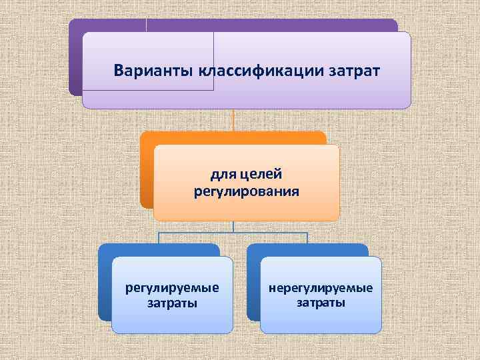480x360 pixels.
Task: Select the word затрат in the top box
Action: click(355, 70)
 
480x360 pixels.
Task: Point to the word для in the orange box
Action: click(223, 175)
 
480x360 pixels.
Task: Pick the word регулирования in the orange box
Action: click(246, 192)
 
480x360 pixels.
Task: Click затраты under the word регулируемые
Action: click(172, 303)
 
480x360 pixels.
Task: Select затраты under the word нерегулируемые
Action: click(321, 303)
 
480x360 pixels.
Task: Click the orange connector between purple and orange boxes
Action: click(233, 120)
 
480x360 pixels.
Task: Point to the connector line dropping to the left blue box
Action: click(159, 238)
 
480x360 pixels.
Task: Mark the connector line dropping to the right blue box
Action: click(307, 238)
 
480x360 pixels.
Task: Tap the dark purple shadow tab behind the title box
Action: click(75, 60)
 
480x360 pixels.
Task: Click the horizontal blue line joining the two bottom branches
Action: click(233, 232)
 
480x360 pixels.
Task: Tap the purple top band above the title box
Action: click(267, 25)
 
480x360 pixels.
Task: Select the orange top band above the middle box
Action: click(233, 138)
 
